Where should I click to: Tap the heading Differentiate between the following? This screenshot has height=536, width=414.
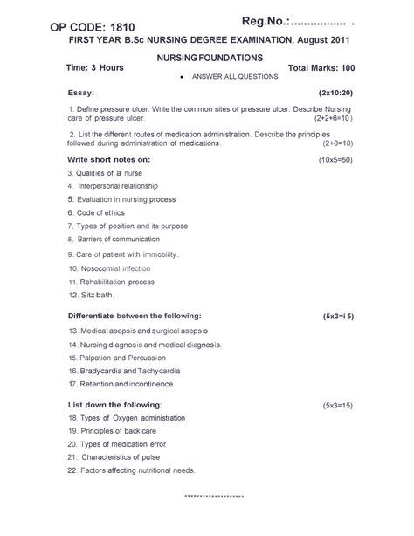135,315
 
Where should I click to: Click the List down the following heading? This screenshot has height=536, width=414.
114,406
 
